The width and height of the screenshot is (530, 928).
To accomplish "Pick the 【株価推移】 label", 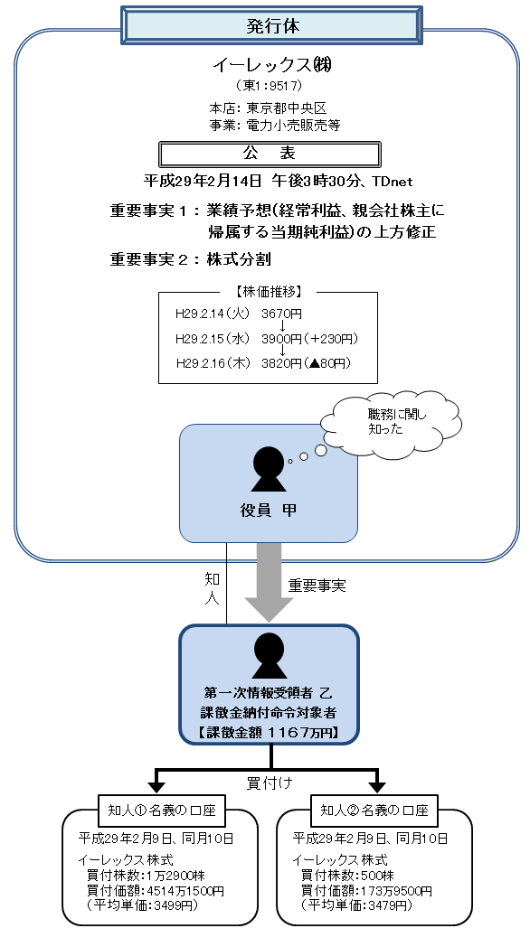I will point(267,292).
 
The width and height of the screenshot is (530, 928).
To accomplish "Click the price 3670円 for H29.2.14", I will point(280,314).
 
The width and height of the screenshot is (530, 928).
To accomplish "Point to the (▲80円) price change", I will point(329,363).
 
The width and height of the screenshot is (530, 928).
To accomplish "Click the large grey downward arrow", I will point(269,582).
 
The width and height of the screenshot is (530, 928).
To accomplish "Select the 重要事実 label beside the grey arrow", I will point(317,586).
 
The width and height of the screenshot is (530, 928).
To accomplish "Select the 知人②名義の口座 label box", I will point(374,808).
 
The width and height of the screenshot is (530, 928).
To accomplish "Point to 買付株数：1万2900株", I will point(145,875).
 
